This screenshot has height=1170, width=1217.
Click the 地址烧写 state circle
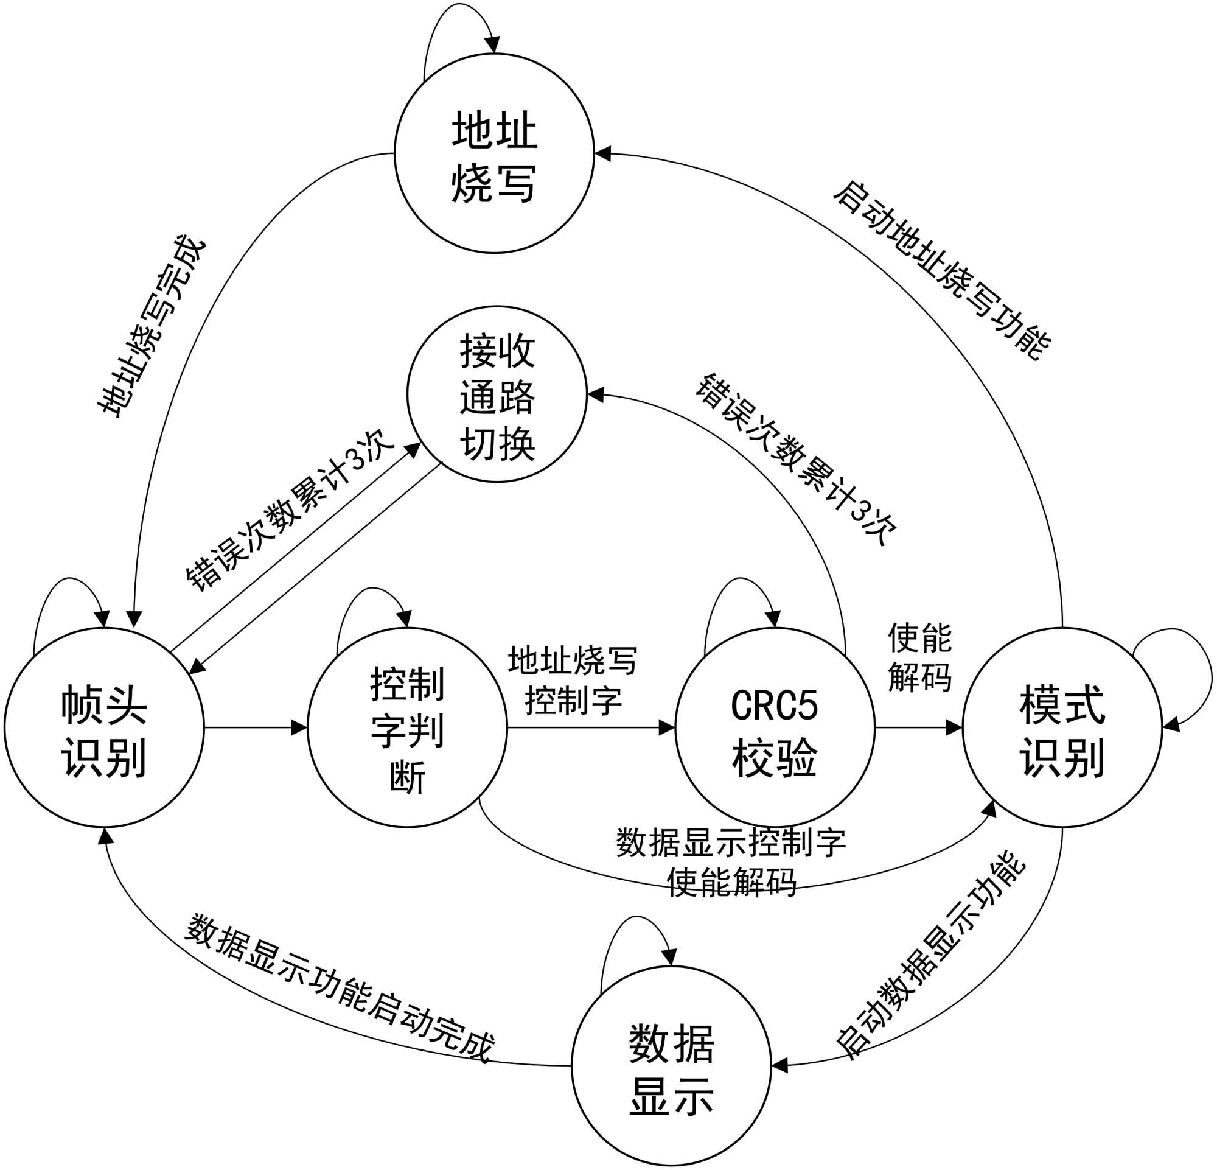point(494,153)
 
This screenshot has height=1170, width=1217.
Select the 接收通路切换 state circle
point(497,394)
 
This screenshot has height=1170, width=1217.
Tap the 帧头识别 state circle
point(104,727)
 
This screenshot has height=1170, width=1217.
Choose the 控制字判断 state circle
point(407,727)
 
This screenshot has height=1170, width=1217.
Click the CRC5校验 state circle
point(775,727)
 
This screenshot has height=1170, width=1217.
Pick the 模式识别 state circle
point(1062,727)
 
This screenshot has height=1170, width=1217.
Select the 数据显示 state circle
point(671,1066)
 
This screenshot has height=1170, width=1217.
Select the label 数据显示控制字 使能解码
point(731,863)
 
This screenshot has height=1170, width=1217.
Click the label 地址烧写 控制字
point(573,680)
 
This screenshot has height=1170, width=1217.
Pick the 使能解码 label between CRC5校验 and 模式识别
point(919,657)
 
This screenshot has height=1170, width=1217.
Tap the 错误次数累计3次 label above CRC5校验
point(796,460)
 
